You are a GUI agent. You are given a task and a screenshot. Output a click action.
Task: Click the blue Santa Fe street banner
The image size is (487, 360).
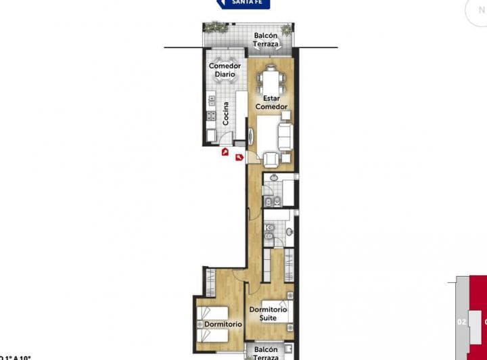pos(243,3)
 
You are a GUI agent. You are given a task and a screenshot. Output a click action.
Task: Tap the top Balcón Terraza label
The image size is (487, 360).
pos(266,40)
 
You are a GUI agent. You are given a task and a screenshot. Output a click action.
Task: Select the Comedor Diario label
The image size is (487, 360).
pos(225,70)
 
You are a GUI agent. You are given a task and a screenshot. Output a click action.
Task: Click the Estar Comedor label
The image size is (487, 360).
pos(271,102)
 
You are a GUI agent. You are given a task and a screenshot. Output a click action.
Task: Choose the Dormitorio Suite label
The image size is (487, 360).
pos(268,313)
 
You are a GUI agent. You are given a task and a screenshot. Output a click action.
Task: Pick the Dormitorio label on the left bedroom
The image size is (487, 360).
pos(223,325)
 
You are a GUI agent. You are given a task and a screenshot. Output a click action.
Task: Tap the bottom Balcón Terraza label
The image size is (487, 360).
pos(266,353)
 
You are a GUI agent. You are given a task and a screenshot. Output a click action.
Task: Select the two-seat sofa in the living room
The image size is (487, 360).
pos(285,137)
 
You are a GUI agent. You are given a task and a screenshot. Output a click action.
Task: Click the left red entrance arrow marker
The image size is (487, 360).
pos(225,152)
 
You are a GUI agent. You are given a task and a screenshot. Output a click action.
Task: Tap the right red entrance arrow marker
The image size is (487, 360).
pos(239,158)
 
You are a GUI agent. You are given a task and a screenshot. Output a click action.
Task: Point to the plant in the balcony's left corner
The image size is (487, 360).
pos(215,27)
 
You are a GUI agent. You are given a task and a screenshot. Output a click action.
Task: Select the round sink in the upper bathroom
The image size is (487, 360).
pos(273,179)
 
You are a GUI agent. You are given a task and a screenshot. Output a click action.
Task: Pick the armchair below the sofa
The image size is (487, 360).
pos(272,158)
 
